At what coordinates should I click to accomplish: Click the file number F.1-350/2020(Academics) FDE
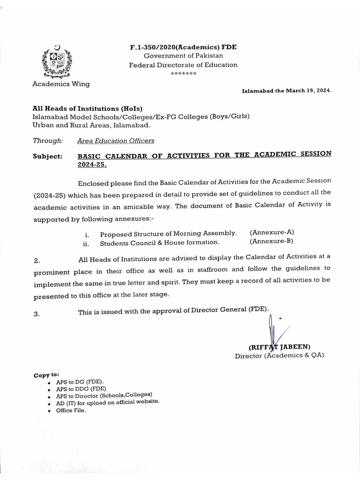pos(183,47)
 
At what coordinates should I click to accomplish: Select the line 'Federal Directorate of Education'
pos(183,65)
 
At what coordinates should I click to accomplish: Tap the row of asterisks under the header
pos(183,74)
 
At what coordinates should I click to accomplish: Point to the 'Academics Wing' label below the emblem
pos(61,84)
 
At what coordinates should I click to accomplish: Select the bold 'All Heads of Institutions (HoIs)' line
pos(87,108)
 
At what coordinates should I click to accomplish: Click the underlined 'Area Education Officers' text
pos(115,140)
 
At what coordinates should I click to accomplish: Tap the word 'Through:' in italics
pos(48,140)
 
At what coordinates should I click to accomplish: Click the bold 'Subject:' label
pos(47,157)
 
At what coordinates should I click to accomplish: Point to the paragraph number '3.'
pos(37,314)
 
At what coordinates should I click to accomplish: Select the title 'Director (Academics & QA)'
pos(279,355)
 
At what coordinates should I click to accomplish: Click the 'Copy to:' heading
pos(46,375)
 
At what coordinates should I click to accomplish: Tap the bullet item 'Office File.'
pos(71,410)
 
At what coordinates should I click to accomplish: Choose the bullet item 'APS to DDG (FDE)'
pos(81,389)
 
